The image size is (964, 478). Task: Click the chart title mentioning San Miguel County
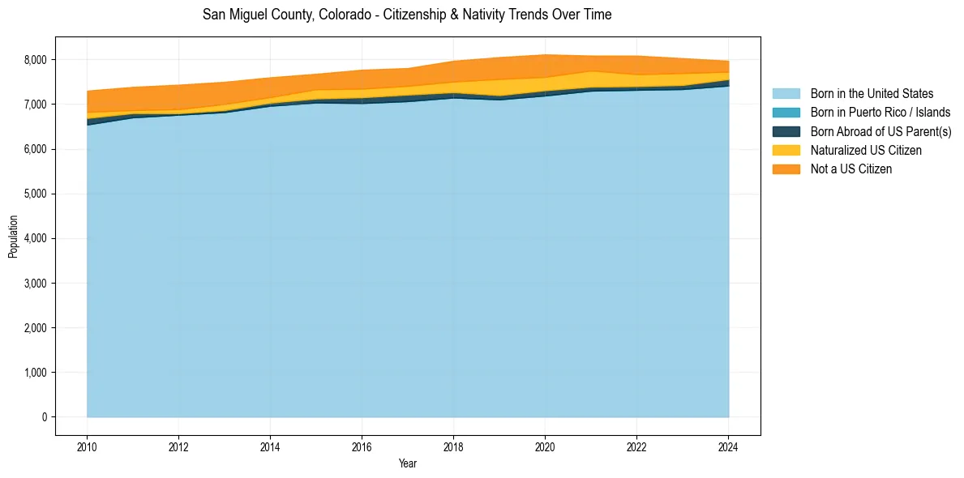407,15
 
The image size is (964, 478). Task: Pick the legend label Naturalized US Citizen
866,151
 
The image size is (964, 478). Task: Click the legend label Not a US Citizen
851,169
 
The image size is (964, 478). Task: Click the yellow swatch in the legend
786,151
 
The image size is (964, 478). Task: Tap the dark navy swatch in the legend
786,131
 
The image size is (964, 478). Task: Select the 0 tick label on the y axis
44,417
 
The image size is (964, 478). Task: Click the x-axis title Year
407,464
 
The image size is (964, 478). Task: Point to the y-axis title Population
13,237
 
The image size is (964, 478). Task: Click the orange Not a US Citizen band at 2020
545,66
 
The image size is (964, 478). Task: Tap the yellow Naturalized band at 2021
591,79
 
